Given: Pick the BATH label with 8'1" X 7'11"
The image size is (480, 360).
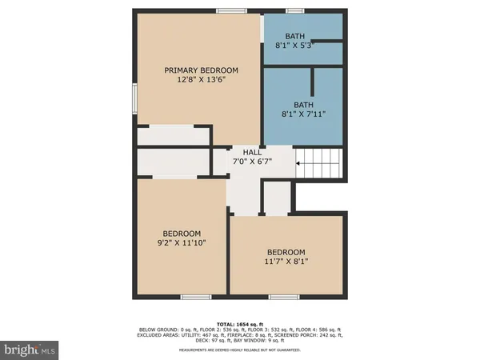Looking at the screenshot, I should pyautogui.click(x=304, y=104).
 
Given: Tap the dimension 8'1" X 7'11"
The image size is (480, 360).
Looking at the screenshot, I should pyautogui.click(x=304, y=114).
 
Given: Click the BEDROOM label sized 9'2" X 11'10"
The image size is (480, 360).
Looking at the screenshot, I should pyautogui.click(x=178, y=234).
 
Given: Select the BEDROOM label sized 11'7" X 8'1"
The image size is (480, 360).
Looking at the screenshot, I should pyautogui.click(x=286, y=250).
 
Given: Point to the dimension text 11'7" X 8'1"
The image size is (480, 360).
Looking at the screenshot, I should pyautogui.click(x=286, y=261).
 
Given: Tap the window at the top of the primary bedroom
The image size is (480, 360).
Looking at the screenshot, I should pyautogui.click(x=230, y=11).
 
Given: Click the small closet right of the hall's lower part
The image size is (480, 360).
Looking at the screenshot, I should pyautogui.click(x=277, y=198).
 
